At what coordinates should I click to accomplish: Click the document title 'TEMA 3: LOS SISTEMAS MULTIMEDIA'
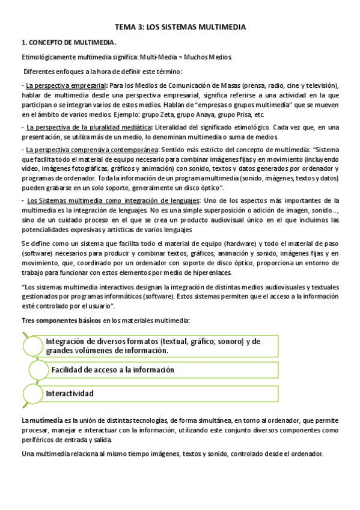(x=180, y=27)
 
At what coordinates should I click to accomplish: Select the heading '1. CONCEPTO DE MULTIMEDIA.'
(x=69, y=43)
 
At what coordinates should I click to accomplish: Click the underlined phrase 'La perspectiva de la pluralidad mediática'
(x=88, y=127)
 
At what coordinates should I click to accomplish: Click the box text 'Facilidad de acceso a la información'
(x=113, y=369)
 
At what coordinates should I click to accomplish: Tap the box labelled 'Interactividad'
(x=70, y=393)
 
